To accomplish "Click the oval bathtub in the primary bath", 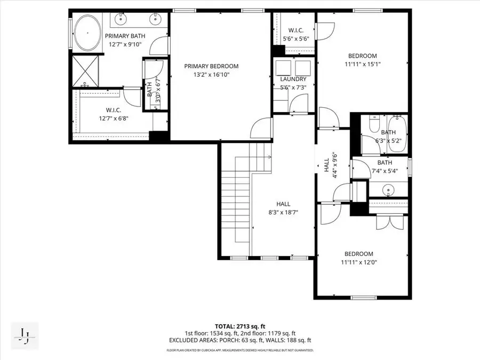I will [x=85, y=31].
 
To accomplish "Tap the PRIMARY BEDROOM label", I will [x=211, y=66].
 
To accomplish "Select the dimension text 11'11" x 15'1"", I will [x=363, y=64].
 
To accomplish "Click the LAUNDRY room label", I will [x=293, y=79].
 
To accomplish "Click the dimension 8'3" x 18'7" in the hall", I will [x=283, y=212].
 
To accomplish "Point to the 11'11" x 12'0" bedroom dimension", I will [x=358, y=262].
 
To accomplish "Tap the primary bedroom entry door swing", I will [x=261, y=128].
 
